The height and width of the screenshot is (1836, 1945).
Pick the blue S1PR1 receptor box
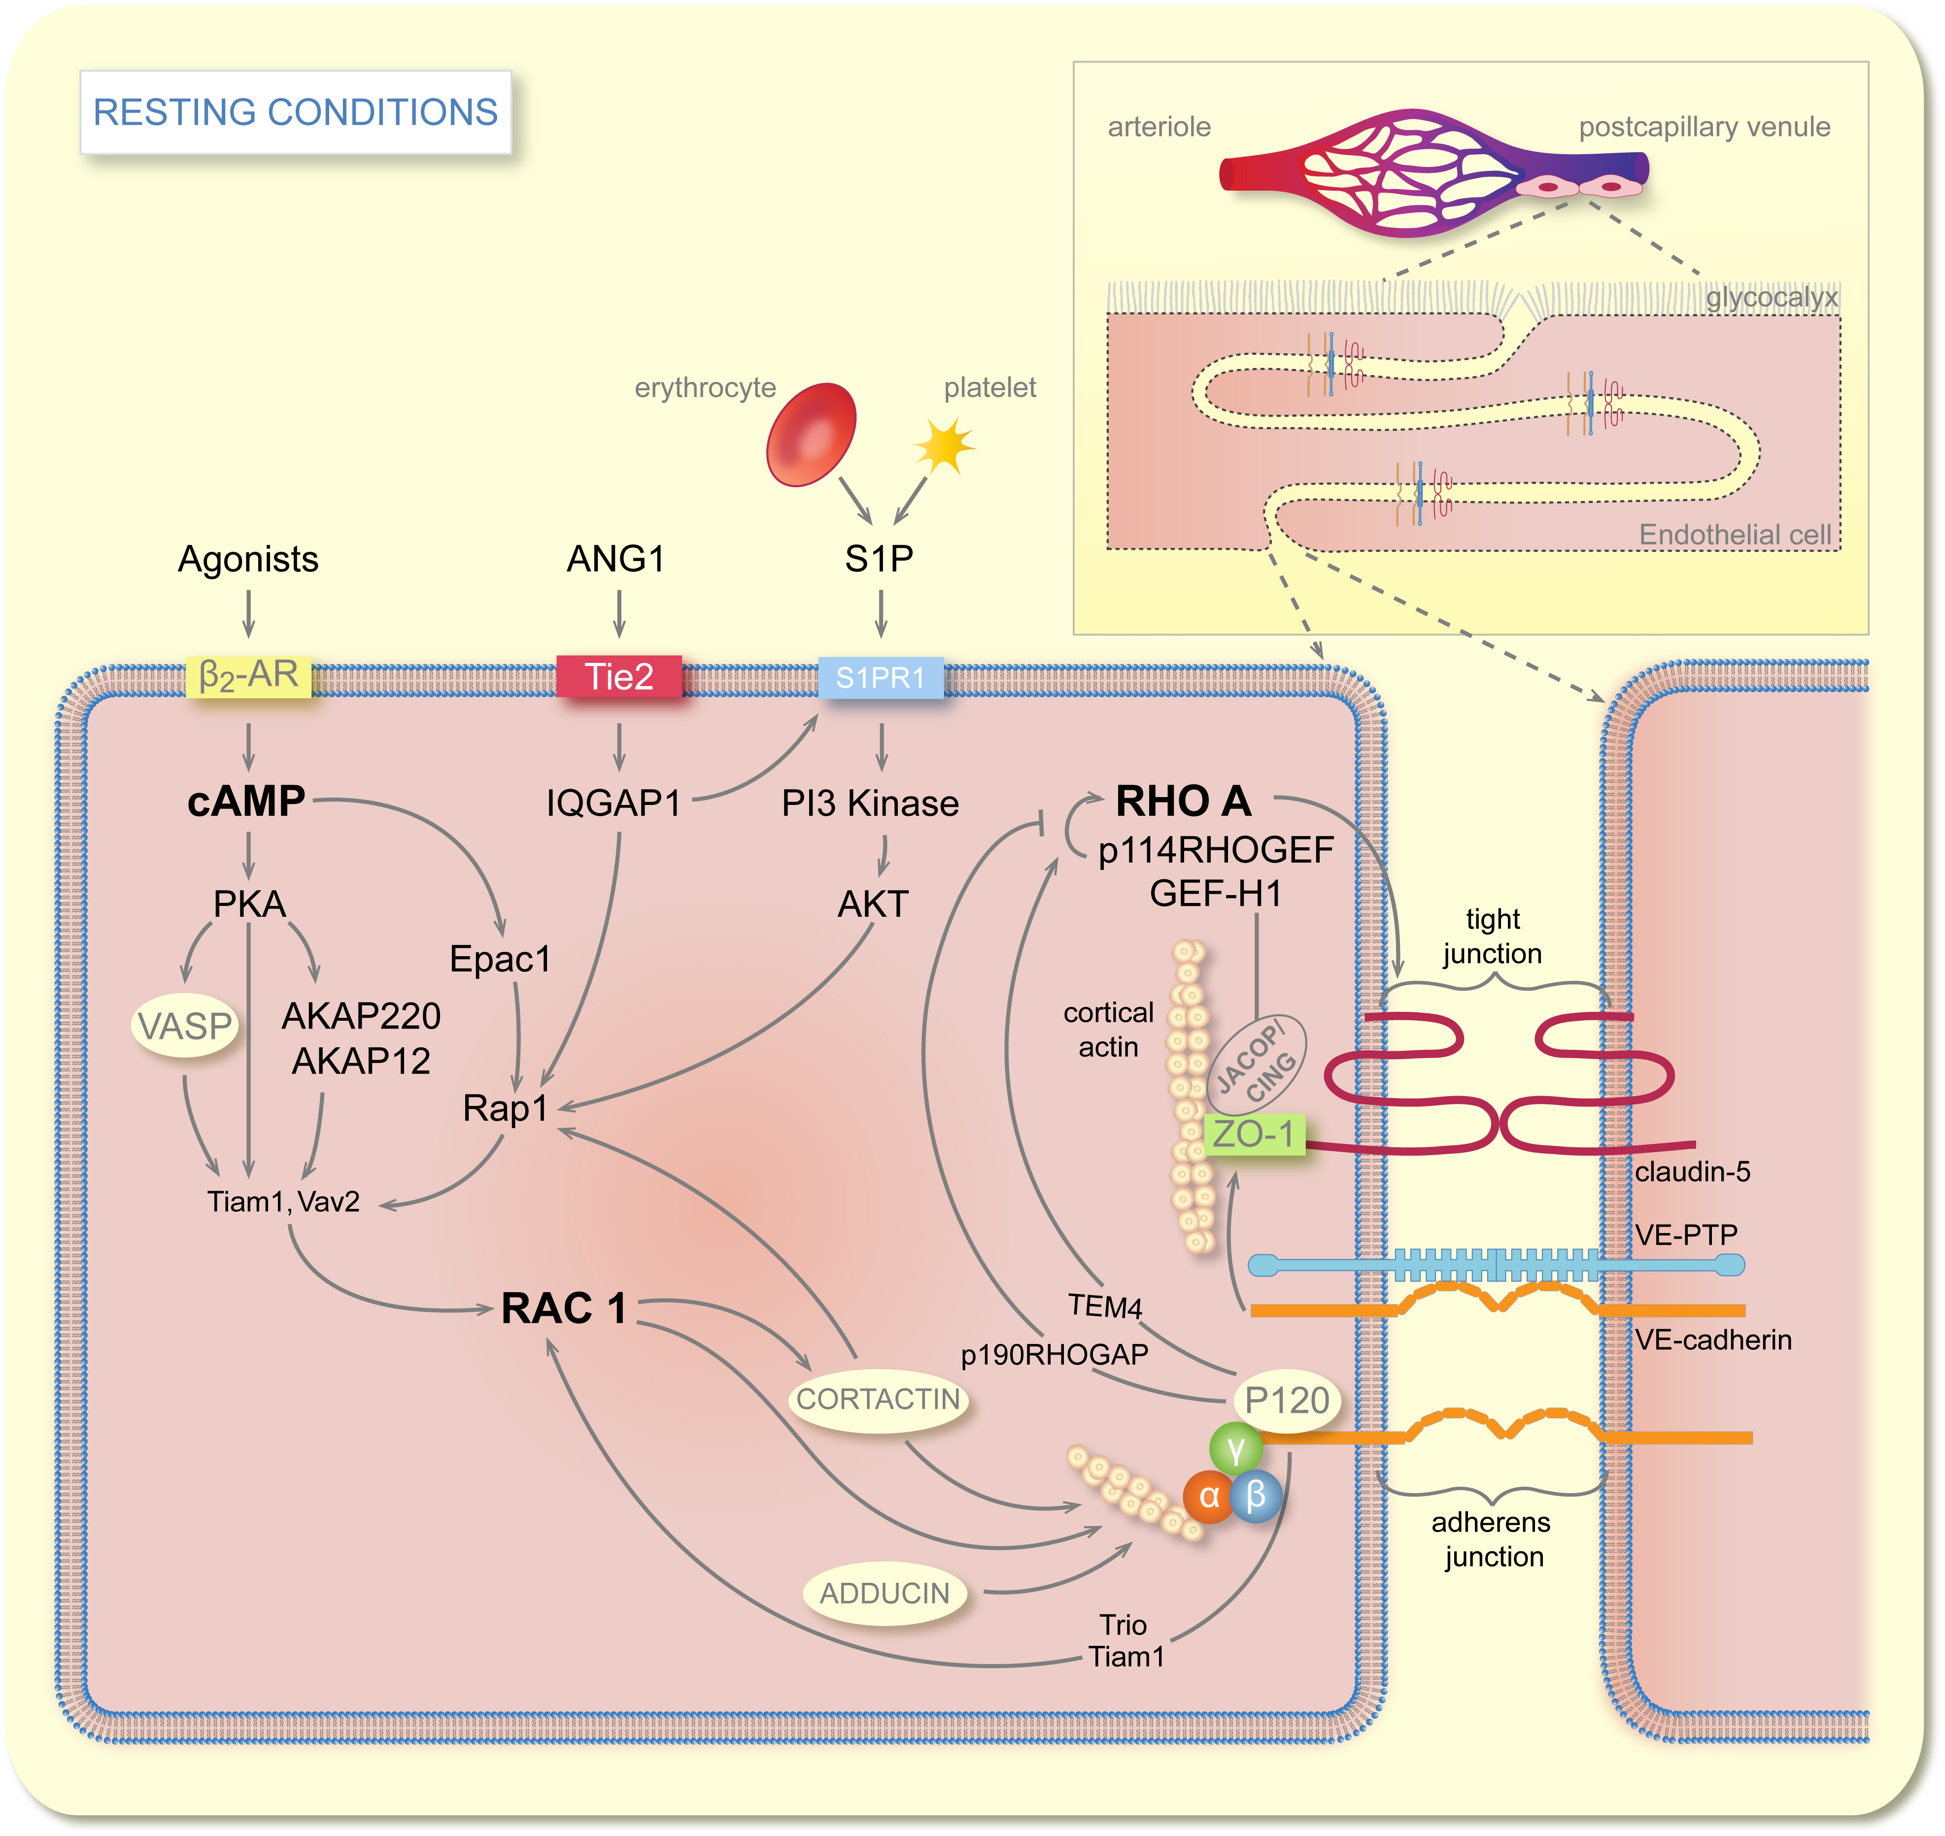tap(880, 677)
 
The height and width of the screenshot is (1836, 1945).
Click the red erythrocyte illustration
tap(812, 434)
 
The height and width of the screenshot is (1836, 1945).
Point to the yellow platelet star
tap(945, 445)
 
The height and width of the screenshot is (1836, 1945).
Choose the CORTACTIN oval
tap(878, 1400)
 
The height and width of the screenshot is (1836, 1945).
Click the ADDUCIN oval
tap(885, 1593)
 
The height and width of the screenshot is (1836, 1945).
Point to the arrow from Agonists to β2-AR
tap(249, 614)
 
